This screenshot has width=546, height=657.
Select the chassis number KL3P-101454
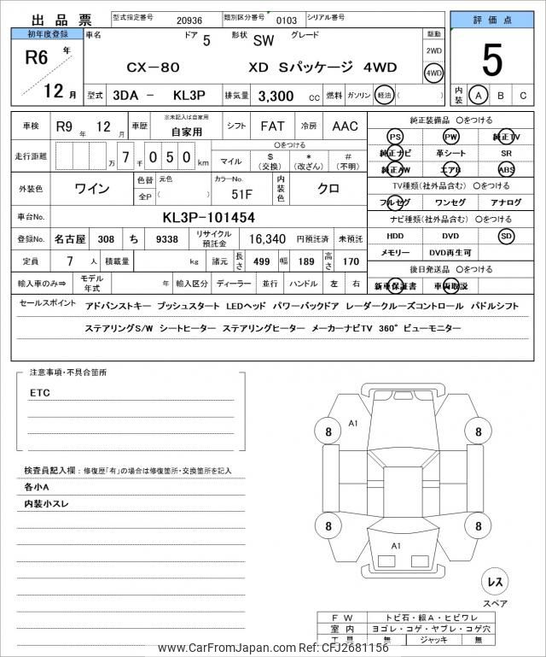pos(208,217)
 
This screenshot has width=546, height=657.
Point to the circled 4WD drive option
pos(434,73)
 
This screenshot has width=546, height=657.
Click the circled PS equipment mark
pos(395,137)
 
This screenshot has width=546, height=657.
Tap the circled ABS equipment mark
pos(507,169)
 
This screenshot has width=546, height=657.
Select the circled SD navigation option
pos(507,235)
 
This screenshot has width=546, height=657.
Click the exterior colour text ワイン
pos(92,187)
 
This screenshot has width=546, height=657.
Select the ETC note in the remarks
pos(40,393)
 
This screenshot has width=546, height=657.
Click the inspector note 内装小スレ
pos(47,504)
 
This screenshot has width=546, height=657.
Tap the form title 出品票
pos(51,20)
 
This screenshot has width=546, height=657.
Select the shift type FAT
pos(273,126)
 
